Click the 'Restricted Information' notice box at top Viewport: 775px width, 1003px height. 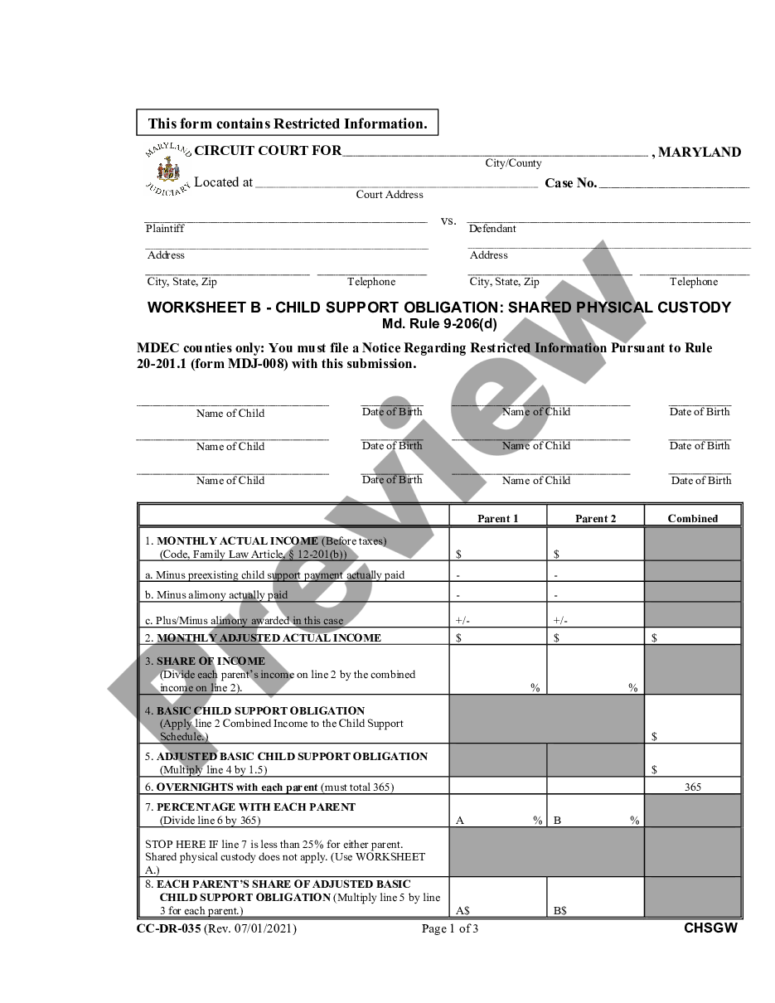pos(287,124)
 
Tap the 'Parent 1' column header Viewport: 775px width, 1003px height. pos(497,519)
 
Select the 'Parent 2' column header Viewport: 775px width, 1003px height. pos(595,519)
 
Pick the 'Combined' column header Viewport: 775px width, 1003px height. pos(692,519)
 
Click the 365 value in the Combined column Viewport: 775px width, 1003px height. pos(693,787)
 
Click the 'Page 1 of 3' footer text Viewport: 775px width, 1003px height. pos(449,928)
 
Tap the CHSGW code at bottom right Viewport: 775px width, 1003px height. pos(710,928)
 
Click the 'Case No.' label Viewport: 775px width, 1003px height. pos(570,183)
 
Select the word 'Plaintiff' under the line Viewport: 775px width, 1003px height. pos(165,229)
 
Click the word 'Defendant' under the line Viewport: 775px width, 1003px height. pos(492,229)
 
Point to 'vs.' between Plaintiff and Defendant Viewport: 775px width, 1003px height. pos(448,221)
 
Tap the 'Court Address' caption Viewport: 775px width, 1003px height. pos(390,195)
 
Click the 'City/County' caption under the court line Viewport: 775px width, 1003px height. pos(513,163)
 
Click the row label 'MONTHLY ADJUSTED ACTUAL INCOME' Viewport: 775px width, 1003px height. pos(269,637)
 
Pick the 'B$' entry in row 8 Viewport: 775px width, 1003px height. pos(560,910)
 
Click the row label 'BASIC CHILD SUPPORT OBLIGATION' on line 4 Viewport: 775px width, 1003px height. pos(260,710)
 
